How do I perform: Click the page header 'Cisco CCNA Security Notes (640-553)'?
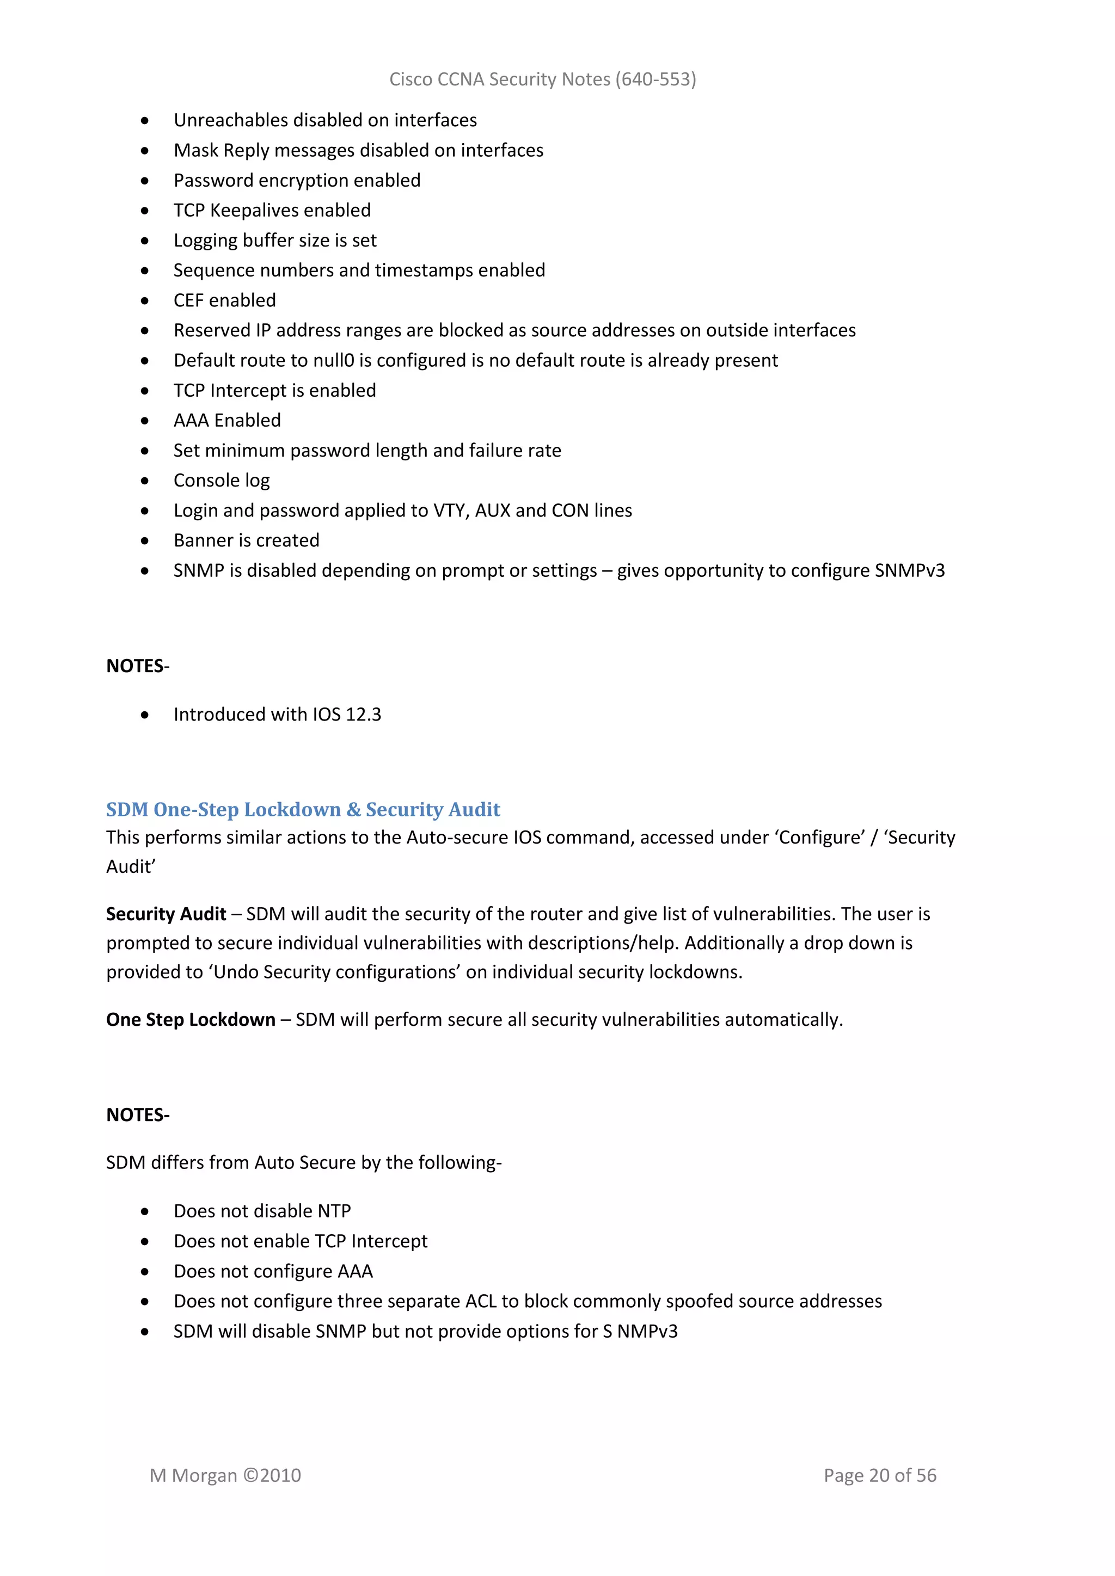coord(542,79)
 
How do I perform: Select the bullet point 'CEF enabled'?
coord(224,300)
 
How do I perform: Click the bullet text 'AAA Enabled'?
coord(227,421)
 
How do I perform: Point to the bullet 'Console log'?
coord(221,481)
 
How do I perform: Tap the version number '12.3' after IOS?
coord(363,715)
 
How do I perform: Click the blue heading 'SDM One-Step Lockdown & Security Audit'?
coord(303,809)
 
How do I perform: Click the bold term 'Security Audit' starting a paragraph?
coord(166,914)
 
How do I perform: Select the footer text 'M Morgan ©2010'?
coord(225,1476)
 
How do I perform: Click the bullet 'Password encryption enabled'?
coord(297,181)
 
